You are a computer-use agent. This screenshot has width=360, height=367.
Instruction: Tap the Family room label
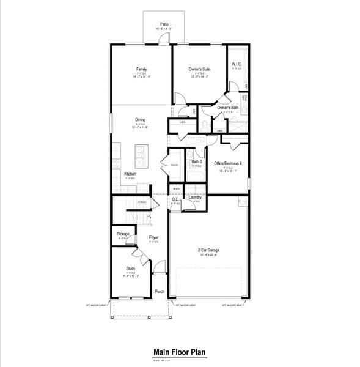point(141,69)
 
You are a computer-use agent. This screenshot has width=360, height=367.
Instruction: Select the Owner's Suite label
point(199,69)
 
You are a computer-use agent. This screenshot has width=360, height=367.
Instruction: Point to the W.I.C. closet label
point(237,65)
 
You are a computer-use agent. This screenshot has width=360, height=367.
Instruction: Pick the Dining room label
point(140,120)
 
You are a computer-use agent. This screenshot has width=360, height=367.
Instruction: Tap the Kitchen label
point(130,174)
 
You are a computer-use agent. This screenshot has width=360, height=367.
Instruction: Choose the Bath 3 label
point(196,161)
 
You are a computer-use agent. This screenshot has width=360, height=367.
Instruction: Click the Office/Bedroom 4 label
point(228,163)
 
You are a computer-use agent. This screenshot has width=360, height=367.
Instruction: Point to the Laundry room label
point(196,197)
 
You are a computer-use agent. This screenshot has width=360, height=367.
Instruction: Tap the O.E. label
point(175,199)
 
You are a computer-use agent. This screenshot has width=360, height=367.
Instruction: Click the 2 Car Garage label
point(208,251)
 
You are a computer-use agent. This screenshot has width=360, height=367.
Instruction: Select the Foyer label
point(154,239)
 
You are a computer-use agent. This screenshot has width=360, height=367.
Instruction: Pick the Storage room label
point(123,234)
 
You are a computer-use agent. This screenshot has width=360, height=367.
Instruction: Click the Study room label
point(130,269)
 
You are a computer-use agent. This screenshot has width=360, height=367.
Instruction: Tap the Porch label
point(160,292)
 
